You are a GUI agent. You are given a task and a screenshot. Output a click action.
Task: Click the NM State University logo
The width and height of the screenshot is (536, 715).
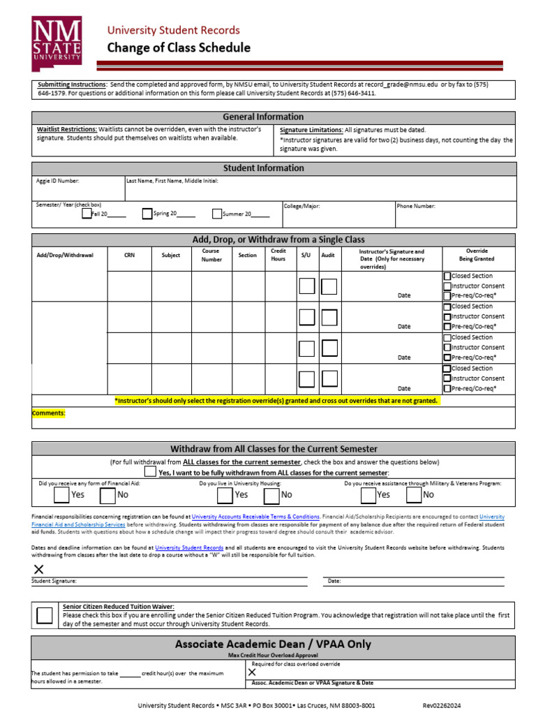pyautogui.click(x=57, y=44)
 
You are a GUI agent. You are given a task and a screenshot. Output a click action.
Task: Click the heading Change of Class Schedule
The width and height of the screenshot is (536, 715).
pyautogui.click(x=178, y=48)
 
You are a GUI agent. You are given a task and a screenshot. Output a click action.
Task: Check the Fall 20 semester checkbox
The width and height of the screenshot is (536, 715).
pyautogui.click(x=87, y=214)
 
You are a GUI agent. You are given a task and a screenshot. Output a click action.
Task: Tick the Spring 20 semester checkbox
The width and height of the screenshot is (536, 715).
pyautogui.click(x=147, y=214)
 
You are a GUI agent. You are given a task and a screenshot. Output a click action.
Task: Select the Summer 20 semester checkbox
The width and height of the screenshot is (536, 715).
pyautogui.click(x=217, y=214)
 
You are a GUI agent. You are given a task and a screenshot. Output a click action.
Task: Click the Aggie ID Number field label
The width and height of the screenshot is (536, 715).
pyautogui.click(x=58, y=181)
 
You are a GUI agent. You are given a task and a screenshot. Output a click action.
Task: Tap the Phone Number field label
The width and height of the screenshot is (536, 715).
pyautogui.click(x=416, y=206)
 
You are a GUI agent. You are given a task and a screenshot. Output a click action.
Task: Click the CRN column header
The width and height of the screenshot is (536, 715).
pyautogui.click(x=129, y=256)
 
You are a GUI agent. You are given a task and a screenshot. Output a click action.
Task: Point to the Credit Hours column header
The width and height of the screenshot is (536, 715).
pyautogui.click(x=278, y=255)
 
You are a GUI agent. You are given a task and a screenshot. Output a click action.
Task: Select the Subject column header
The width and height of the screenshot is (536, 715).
pyautogui.click(x=171, y=256)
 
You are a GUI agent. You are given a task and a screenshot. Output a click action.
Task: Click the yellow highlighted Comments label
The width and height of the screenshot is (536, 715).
pyautogui.click(x=48, y=413)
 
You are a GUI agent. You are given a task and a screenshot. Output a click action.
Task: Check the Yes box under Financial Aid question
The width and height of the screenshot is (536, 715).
pyautogui.click(x=62, y=495)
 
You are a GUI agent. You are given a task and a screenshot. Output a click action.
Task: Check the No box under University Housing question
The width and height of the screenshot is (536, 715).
pyautogui.click(x=271, y=495)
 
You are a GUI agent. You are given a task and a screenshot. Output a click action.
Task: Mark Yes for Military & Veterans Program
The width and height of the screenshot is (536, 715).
pyautogui.click(x=368, y=495)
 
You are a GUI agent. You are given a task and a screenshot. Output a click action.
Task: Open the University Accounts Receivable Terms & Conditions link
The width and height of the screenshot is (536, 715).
pyautogui.click(x=255, y=517)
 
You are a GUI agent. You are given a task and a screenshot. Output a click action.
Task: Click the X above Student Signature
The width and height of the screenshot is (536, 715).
pyautogui.click(x=38, y=569)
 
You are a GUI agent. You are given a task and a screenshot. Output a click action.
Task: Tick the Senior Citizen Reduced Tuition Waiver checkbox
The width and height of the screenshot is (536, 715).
pyautogui.click(x=44, y=615)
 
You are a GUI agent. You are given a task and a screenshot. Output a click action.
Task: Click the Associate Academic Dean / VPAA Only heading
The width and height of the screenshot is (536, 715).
pyautogui.click(x=273, y=644)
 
